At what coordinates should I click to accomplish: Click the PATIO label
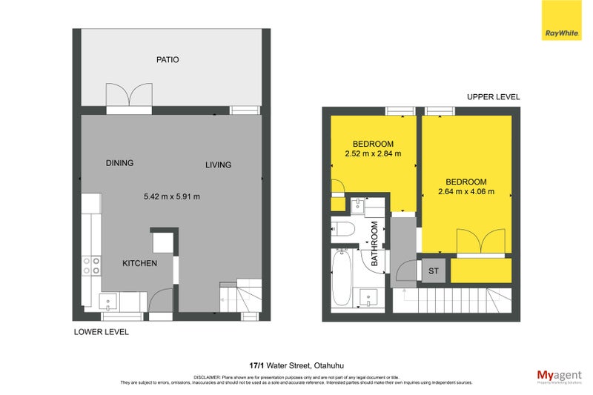point(168,59)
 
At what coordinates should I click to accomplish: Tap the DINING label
point(119,163)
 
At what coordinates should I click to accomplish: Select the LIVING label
point(218,165)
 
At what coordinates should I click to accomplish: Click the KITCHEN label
point(139,263)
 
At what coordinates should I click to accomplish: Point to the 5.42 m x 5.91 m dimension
point(172,196)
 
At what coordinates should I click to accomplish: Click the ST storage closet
point(434,270)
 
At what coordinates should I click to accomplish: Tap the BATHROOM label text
point(374,245)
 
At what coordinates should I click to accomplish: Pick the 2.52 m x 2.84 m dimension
point(373,154)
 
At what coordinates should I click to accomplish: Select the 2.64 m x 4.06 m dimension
point(466,193)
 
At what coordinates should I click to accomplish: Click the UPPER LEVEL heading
point(493,97)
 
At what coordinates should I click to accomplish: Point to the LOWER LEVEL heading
point(102,332)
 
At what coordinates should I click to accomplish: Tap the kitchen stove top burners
point(92,265)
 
